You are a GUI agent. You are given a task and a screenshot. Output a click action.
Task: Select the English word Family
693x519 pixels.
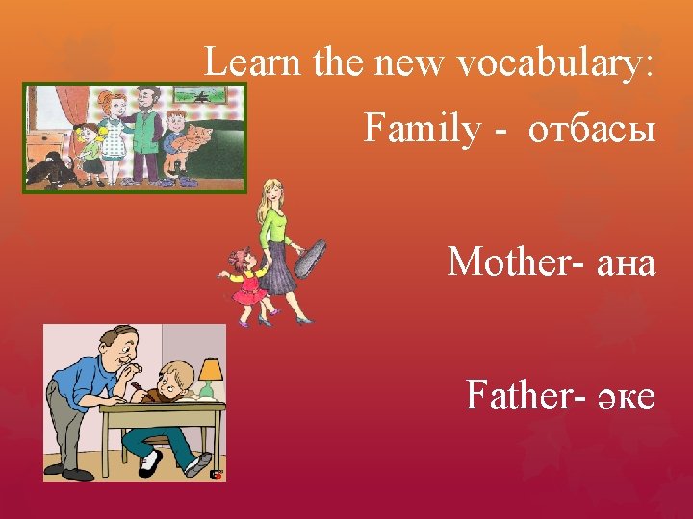click(x=421, y=128)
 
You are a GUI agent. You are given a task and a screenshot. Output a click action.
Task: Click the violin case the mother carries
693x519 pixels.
click(x=307, y=255)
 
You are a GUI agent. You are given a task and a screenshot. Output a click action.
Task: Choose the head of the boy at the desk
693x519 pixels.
click(x=178, y=379)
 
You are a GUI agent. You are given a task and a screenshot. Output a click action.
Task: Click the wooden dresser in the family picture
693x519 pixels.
click(x=43, y=145)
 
